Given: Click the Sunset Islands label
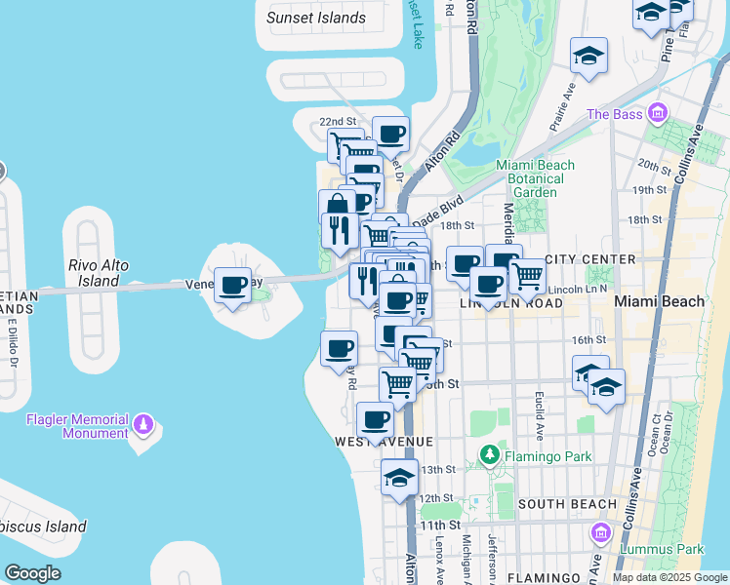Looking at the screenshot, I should [316, 18].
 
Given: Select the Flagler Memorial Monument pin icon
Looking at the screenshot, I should [144, 425].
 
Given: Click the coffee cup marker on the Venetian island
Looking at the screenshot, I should [232, 286].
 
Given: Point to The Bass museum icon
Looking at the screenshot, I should [658, 114].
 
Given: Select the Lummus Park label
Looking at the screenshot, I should [663, 549].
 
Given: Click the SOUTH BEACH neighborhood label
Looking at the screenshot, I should [567, 504].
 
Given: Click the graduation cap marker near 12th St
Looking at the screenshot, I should [399, 479].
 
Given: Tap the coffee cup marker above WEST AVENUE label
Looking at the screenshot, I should [375, 421].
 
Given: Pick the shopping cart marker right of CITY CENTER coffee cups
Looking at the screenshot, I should [528, 275].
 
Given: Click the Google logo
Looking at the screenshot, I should [33, 573].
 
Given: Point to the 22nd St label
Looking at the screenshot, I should [338, 121].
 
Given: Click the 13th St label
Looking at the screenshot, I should [437, 469].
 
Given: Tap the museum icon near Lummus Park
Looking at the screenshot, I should [600, 532].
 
